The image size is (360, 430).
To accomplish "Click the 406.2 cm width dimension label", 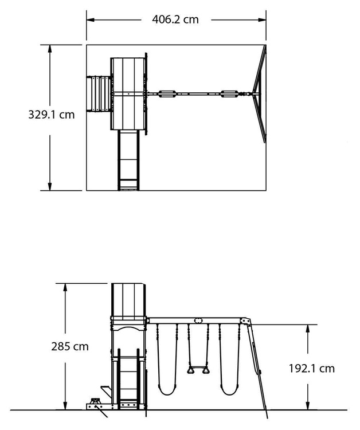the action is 175,19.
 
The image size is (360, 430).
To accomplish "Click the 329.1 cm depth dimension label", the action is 51,115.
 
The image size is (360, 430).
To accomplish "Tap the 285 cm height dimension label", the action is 70,347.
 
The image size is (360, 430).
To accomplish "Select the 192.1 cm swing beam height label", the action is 312,369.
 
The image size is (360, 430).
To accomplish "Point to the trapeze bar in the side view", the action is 198,370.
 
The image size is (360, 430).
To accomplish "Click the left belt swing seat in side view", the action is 167,389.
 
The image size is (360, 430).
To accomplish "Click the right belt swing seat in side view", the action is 229,389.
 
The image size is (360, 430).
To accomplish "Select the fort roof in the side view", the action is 128,300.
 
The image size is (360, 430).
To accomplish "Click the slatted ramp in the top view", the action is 99,94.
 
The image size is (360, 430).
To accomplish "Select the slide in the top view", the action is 128,160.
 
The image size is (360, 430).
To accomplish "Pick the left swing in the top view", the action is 167,94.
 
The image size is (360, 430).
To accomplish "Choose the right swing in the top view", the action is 229,94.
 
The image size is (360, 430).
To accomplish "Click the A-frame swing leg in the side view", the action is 257,368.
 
